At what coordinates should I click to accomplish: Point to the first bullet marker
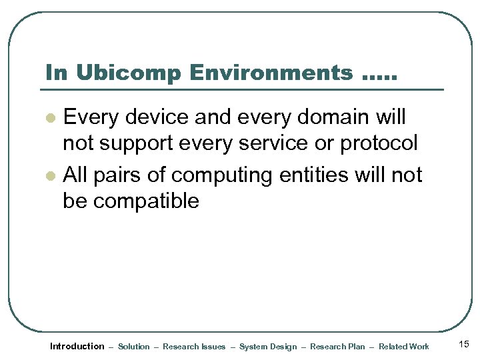point(49,118)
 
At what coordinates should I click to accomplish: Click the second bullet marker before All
point(49,175)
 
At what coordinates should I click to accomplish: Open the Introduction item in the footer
point(77,346)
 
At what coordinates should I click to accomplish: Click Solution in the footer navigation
point(133,347)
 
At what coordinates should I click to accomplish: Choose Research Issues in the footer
point(194,347)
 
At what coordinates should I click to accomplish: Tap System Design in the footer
point(268,347)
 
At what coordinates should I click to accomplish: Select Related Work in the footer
point(404,347)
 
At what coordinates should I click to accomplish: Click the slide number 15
point(464,344)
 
